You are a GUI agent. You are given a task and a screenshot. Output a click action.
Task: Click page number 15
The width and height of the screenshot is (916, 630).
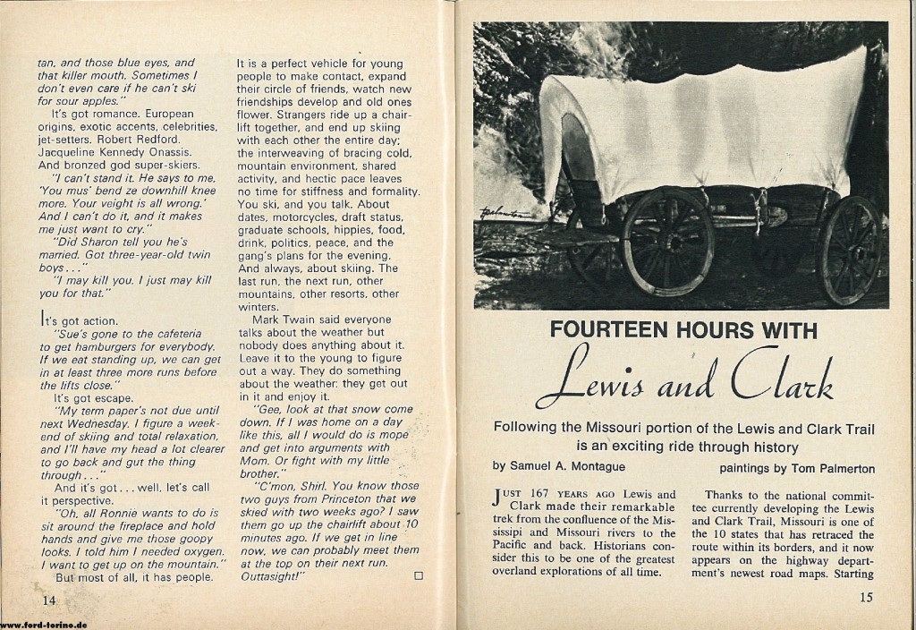[x=865, y=597]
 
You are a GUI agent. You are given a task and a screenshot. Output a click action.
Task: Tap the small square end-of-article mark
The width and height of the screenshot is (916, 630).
[x=418, y=575]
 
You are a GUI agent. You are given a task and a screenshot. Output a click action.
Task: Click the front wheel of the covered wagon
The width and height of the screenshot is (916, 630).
[x=669, y=242]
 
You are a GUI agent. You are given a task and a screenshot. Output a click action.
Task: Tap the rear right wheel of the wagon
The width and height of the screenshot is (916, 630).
[x=850, y=249]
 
